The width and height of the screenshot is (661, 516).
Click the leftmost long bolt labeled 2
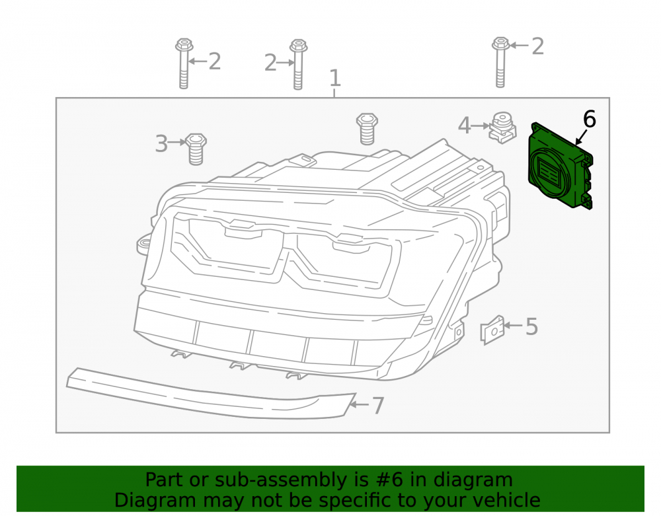[184, 63]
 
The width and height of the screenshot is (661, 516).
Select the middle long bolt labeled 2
[298, 65]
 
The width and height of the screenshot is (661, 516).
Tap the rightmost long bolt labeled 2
[500, 62]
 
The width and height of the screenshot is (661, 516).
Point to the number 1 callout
[334, 79]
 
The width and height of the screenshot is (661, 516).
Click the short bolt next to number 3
[196, 149]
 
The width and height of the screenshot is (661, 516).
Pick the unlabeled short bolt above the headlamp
[367, 129]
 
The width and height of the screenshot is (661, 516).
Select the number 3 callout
[161, 143]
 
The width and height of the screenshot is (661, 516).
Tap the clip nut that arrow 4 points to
[502, 128]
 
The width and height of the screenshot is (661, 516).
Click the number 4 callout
[464, 126]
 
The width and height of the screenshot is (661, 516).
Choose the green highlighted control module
[561, 166]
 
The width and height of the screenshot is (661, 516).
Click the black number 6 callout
[590, 119]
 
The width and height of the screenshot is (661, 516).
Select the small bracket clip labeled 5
[492, 330]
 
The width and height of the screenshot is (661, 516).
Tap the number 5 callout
[532, 327]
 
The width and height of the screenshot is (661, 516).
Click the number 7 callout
[377, 406]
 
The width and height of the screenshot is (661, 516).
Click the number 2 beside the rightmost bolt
[537, 46]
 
